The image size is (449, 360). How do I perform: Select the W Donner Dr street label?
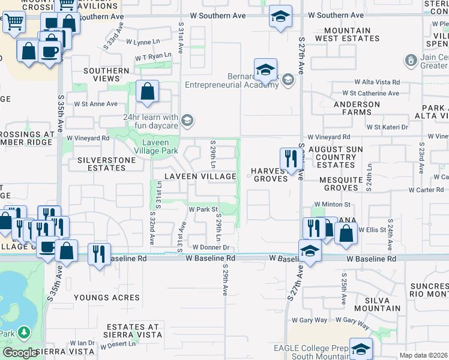tap(211, 247)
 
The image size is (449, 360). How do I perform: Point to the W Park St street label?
tap(203, 210)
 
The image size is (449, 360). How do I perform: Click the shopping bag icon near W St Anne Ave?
tap(147, 92)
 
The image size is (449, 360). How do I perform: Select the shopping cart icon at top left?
tap(14, 22)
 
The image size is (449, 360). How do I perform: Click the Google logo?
tap(20, 353)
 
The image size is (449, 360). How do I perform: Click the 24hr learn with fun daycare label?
tap(151, 121)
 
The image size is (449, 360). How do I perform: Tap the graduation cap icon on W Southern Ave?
tap(280, 17)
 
